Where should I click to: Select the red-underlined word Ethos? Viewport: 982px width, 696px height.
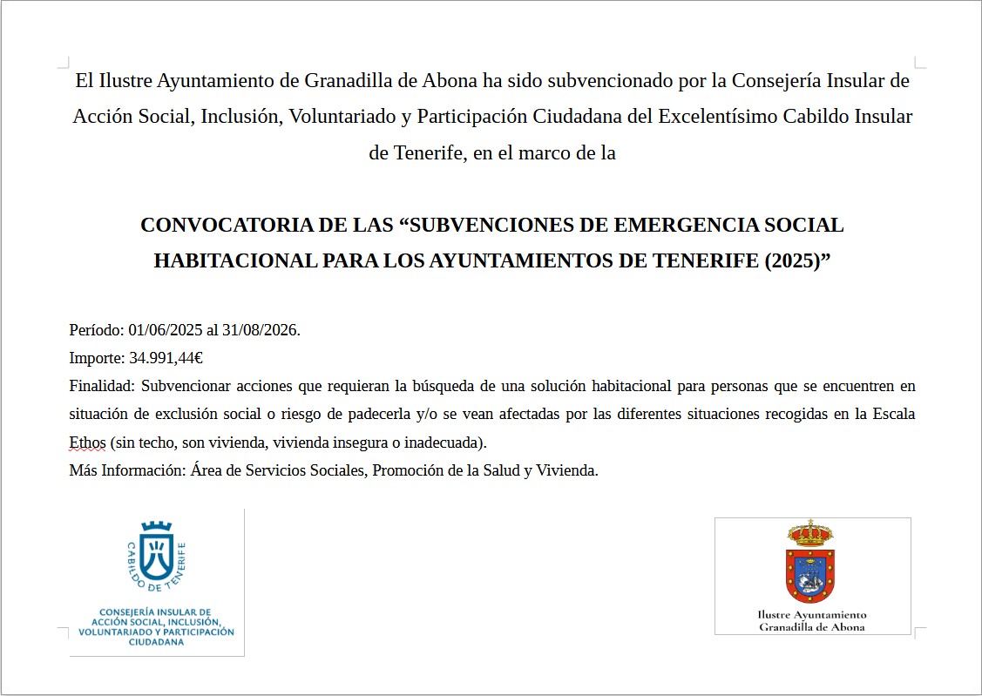tap(87, 443)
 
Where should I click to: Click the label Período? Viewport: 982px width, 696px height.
tap(96, 330)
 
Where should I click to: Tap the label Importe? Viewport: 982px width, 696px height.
tap(96, 357)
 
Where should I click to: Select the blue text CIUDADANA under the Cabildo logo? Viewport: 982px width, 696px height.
tap(156, 642)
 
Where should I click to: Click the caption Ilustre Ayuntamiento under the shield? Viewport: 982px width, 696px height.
tap(812, 615)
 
